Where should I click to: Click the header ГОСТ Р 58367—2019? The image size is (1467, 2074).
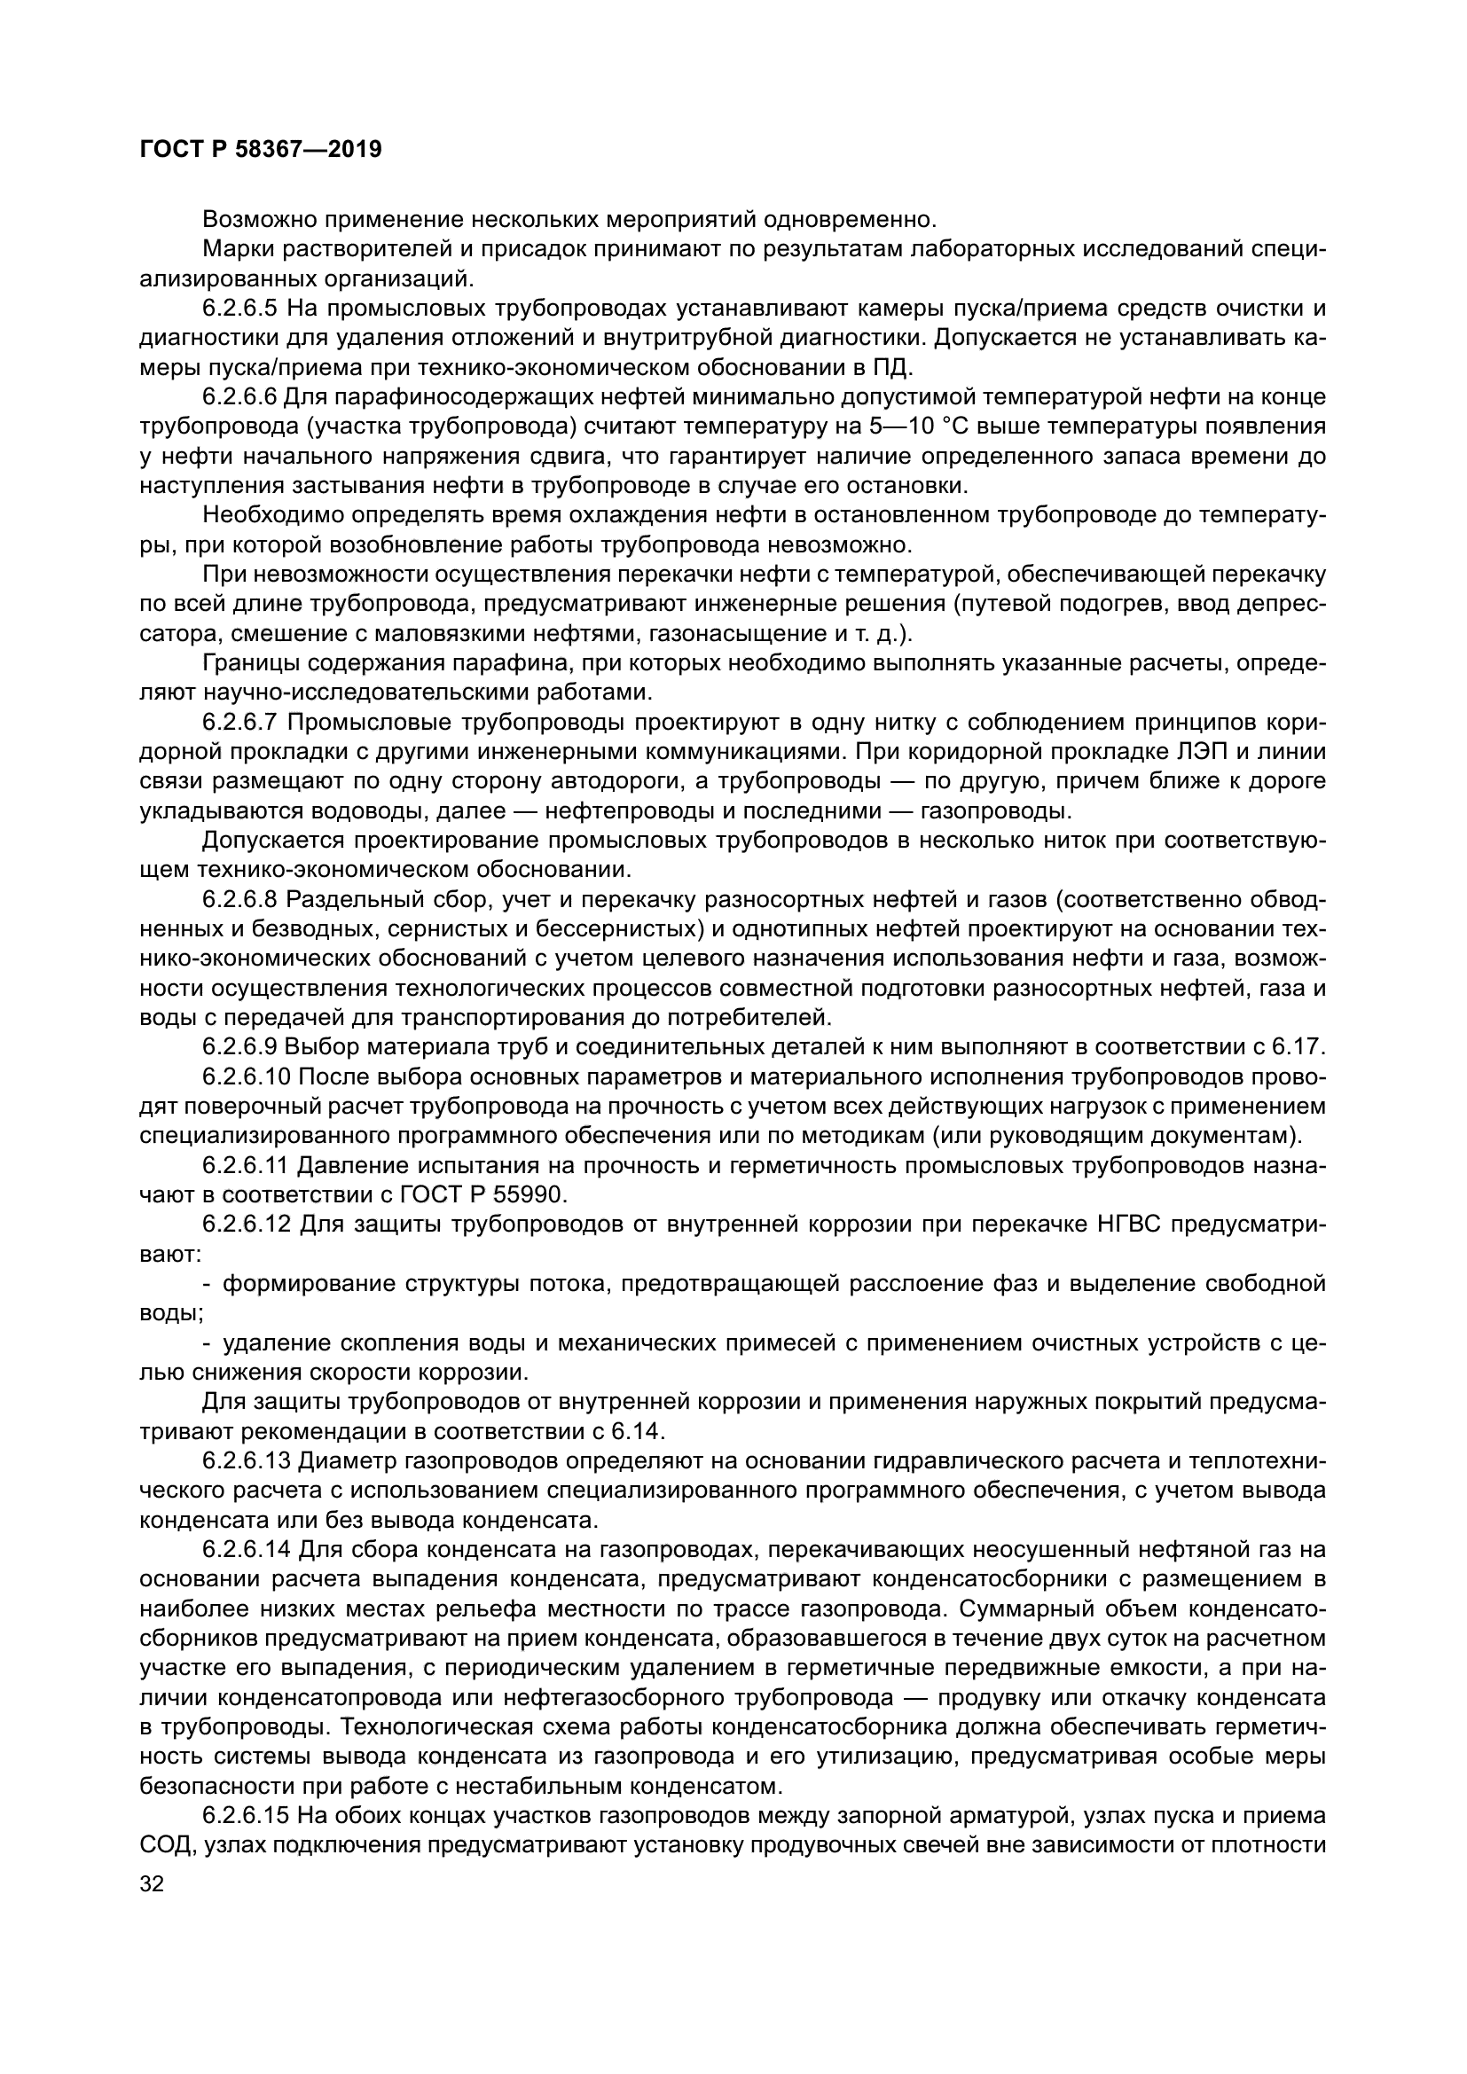click(260, 149)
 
